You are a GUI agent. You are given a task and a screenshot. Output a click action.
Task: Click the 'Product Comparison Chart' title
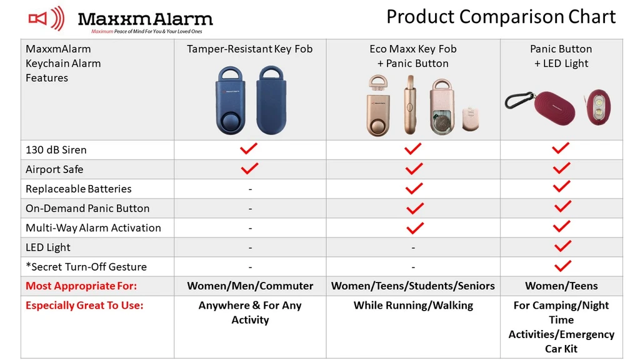coord(501,16)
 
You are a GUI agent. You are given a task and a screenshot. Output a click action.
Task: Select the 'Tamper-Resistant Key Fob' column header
coord(250,49)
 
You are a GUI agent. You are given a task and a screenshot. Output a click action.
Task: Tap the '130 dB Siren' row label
coord(56,150)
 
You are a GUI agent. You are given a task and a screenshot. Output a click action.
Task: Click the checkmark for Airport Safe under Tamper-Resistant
coord(249,169)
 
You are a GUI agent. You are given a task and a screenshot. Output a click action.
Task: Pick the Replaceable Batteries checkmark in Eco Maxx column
coord(414,188)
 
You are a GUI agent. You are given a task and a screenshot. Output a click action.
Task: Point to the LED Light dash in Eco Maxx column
coord(413,247)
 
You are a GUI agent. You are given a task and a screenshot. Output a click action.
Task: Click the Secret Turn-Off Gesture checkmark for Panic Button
coord(562,266)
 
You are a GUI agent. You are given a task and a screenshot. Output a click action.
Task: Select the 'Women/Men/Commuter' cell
coord(250,286)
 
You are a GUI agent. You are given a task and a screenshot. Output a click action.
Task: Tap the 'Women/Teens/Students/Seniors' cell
coord(413,286)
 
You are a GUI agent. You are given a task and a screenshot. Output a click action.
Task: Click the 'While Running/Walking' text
coord(413,306)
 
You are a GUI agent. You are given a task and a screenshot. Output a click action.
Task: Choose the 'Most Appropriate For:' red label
coord(81,286)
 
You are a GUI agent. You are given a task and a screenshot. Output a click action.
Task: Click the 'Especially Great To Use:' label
coord(84,306)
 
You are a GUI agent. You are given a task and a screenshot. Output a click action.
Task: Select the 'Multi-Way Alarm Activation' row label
coord(93,228)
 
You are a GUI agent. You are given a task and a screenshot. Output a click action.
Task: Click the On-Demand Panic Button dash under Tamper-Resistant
coord(250,209)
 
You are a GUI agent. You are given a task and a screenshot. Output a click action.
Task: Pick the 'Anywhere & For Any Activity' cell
coord(250,312)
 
